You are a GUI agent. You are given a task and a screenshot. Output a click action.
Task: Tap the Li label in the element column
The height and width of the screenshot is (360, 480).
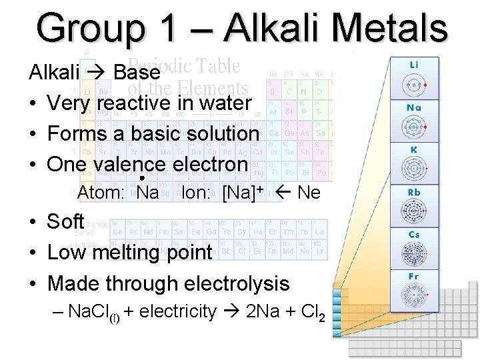tap(414, 65)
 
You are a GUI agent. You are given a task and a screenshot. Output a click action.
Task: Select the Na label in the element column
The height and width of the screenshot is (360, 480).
tap(414, 107)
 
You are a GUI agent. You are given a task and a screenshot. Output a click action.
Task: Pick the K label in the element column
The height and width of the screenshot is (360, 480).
tap(414, 150)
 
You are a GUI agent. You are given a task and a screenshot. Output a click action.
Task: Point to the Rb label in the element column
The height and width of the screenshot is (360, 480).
tap(414, 193)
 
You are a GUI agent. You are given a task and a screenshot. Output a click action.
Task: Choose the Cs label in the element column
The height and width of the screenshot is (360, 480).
tap(414, 235)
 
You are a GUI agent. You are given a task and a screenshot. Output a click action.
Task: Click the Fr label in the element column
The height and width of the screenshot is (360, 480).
tap(414, 277)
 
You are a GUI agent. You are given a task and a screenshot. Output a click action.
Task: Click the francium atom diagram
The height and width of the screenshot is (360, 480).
tap(414, 295)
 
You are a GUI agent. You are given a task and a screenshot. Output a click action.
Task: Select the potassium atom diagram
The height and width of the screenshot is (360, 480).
tap(414, 169)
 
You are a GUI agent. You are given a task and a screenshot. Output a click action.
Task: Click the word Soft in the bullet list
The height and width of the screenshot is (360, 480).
tap(65, 221)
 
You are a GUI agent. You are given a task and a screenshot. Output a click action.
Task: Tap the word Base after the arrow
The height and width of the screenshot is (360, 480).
tap(137, 72)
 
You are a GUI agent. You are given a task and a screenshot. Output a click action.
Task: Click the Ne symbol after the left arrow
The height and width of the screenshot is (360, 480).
tap(309, 193)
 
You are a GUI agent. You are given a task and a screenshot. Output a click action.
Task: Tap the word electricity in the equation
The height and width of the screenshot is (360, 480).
tap(178, 311)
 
